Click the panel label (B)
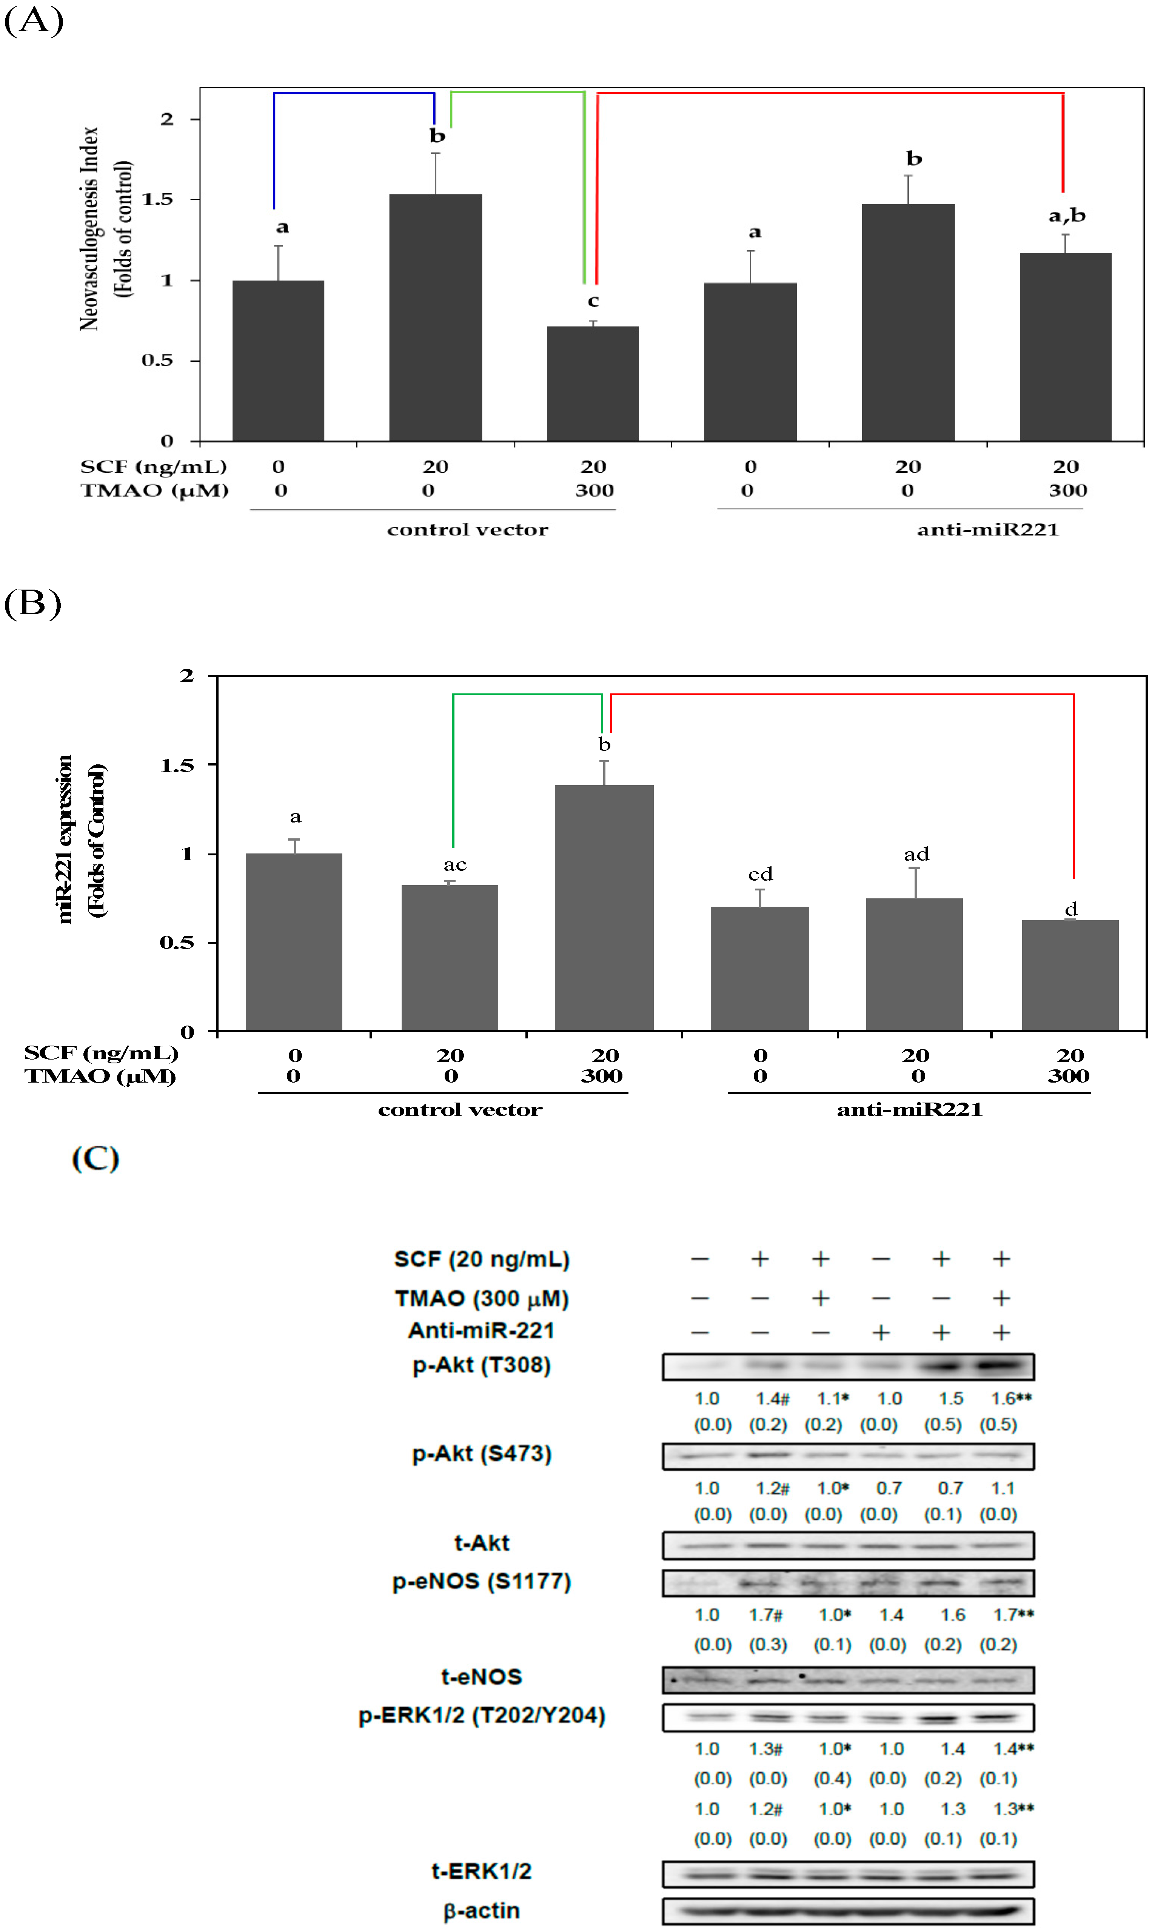click(x=32, y=603)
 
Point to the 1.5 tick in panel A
click(x=157, y=200)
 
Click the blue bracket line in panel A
click(x=353, y=93)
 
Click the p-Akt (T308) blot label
click(x=481, y=1366)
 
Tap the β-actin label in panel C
click(x=481, y=1911)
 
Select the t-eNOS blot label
click(x=481, y=1677)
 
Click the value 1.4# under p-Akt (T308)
click(x=772, y=1399)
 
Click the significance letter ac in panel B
click(x=455, y=865)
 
